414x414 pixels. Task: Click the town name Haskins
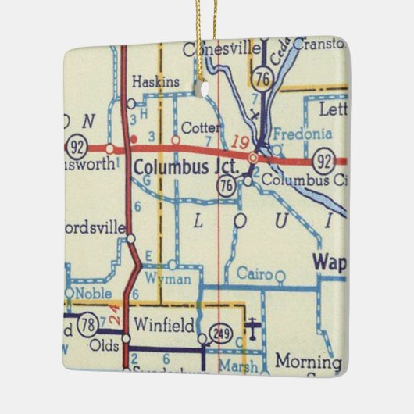(155, 82)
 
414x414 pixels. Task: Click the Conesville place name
(221, 49)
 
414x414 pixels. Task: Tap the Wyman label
(173, 279)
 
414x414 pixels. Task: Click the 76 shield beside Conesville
(262, 76)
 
